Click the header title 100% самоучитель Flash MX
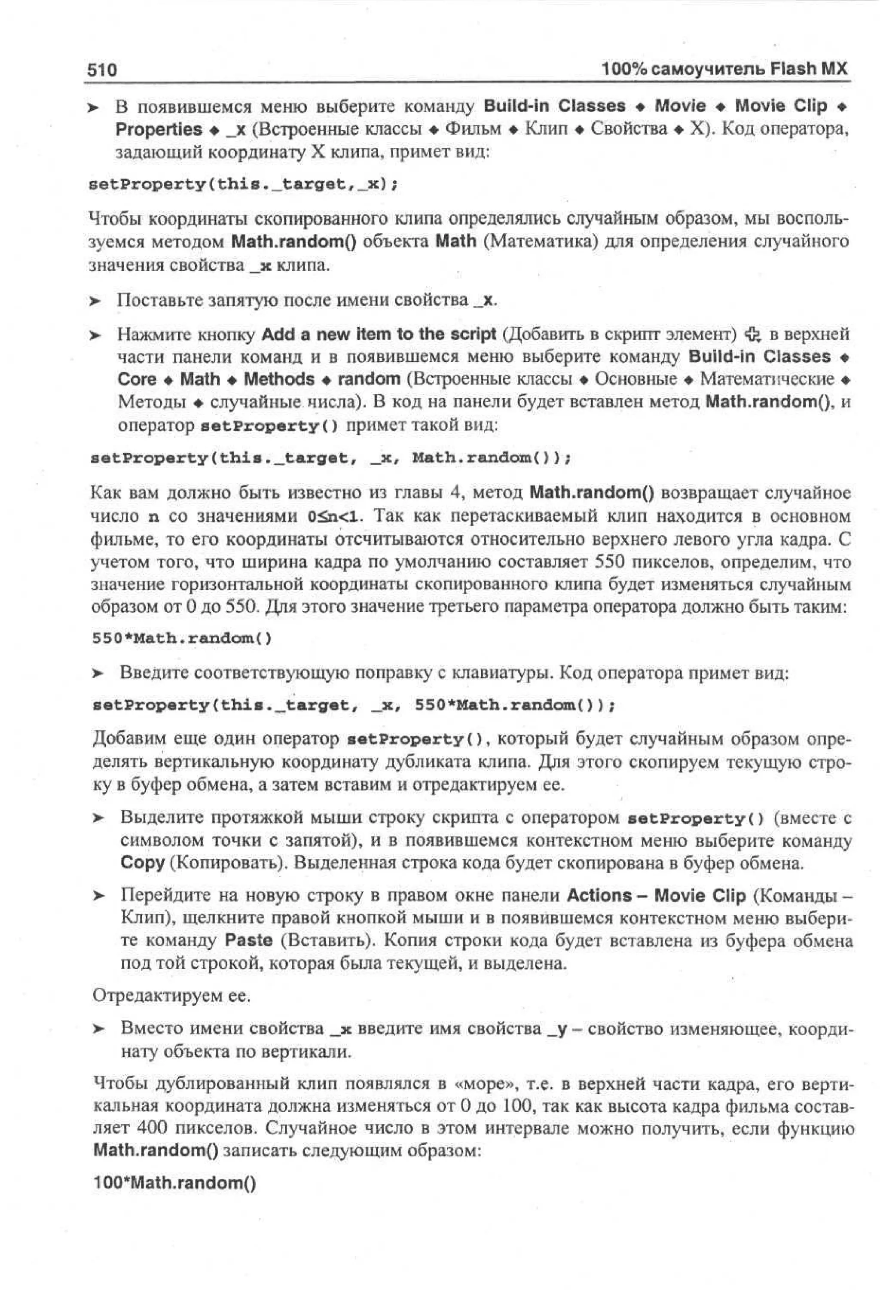coord(724,69)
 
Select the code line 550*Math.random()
coord(182,638)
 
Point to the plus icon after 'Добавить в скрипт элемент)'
coord(752,334)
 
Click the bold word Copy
coord(142,863)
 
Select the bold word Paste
coord(249,940)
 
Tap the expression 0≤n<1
coord(335,517)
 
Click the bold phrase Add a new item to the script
coord(378,334)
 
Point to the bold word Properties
coord(159,129)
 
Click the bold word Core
coord(137,379)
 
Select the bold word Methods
coord(279,379)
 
